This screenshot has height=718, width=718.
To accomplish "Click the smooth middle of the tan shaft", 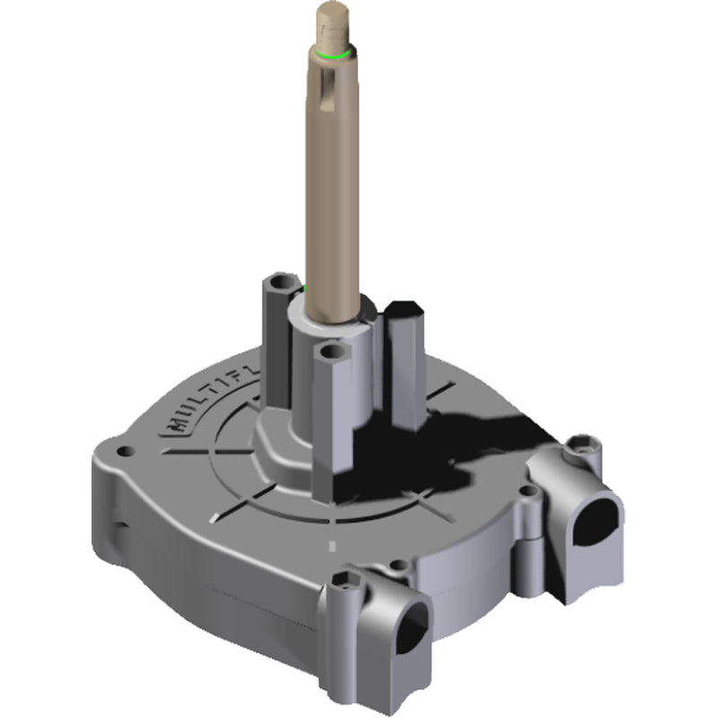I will pyautogui.click(x=334, y=197).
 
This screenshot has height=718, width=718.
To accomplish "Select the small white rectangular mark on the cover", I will pyautogui.click(x=331, y=545).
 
